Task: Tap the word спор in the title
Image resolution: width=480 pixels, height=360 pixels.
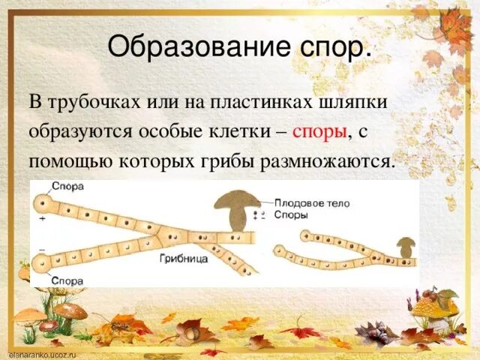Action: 335,48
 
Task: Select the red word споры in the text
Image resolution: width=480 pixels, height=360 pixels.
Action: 319,132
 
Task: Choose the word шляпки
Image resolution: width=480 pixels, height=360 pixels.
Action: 358,101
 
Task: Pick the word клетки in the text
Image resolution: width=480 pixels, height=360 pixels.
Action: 240,132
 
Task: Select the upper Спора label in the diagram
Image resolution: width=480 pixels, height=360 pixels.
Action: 68,185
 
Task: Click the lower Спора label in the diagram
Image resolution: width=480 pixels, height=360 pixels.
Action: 68,280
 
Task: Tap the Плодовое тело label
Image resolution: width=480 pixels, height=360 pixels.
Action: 312,202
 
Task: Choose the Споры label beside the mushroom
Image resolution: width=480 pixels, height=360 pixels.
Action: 291,214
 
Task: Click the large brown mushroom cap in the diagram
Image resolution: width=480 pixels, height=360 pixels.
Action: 236,199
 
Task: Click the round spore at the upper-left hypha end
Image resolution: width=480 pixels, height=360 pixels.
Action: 42,203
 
